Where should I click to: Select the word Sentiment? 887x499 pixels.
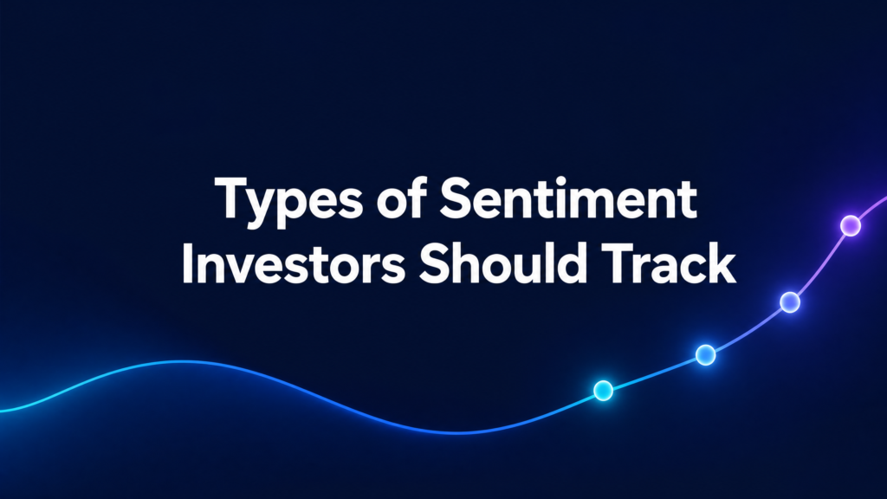coord(568,198)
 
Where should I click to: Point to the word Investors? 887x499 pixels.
coord(294,263)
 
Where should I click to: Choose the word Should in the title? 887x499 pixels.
coord(502,263)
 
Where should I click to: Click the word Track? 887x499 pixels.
coord(668,263)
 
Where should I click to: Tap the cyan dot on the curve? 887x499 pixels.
coord(603,391)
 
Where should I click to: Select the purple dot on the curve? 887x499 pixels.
coord(851,225)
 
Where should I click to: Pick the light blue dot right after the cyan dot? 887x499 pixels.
coord(705,354)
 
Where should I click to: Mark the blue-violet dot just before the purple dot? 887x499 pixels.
coord(790,302)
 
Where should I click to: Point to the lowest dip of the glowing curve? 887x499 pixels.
coord(458,433)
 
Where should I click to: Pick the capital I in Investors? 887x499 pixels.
coord(187,263)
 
